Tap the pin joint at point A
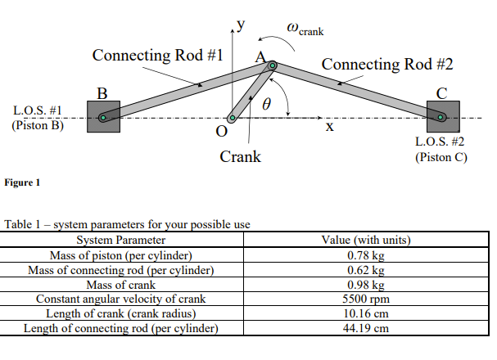[x=272, y=65]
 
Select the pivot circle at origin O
[x=232, y=119]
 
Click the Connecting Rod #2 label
[x=387, y=63]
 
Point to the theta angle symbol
[x=265, y=105]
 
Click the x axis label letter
[x=329, y=127]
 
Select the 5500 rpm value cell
[x=368, y=299]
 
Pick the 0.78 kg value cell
[x=368, y=255]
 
